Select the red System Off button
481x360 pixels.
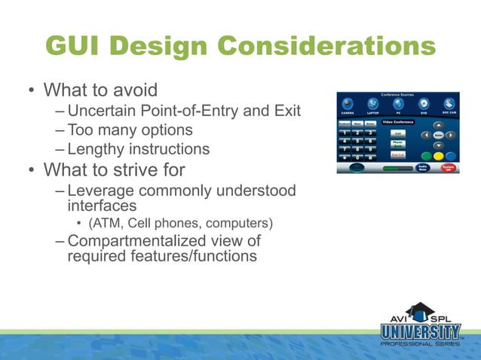click(449, 167)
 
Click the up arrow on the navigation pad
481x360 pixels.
click(439, 124)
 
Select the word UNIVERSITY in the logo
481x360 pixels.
click(420, 331)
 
